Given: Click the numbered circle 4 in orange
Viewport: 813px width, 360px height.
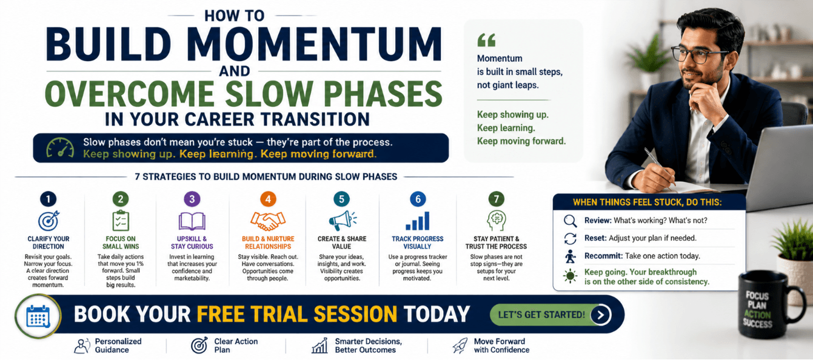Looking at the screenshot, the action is click(268, 199).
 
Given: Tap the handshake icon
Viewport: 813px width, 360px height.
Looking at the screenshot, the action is click(268, 221).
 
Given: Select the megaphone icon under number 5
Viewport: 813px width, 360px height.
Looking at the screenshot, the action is click(343, 220).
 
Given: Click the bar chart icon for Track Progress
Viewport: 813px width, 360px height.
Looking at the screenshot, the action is click(417, 221).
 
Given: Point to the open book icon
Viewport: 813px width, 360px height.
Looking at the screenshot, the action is click(192, 221).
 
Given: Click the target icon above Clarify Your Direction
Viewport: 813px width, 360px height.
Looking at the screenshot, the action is click(49, 221).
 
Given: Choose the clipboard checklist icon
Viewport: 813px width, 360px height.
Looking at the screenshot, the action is click(121, 221).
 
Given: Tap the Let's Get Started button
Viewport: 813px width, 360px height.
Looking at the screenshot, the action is click(550, 315).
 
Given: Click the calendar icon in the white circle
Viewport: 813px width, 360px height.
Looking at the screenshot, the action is click(38, 316).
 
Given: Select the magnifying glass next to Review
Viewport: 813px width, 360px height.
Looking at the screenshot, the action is click(570, 221).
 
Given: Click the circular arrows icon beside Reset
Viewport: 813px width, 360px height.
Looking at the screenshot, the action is click(570, 238).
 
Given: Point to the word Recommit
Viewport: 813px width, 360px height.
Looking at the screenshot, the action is click(603, 256).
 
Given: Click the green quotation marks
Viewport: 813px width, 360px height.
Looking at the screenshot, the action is click(486, 40).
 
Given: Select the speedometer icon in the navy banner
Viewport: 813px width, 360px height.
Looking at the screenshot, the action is click(60, 148).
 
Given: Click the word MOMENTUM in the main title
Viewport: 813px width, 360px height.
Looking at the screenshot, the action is click(316, 44).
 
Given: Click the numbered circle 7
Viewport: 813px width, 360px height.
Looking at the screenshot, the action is click(496, 199).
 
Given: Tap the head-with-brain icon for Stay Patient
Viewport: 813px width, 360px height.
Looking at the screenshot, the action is click(496, 221).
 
